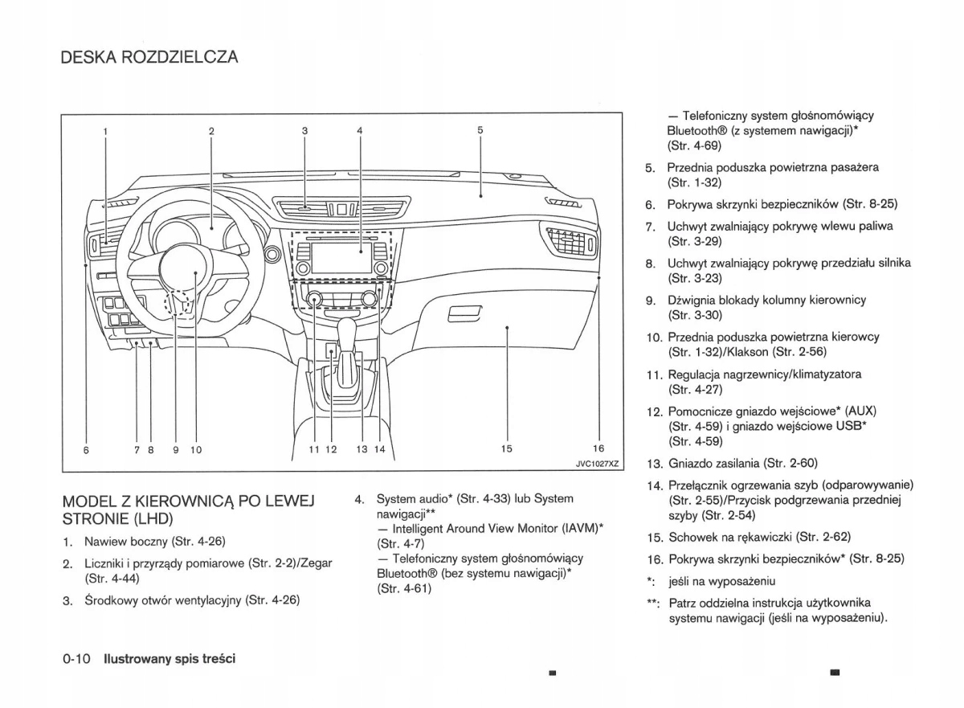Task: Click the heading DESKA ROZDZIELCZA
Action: pos(149,58)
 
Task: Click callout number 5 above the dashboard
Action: pos(480,130)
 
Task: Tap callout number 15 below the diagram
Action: pos(506,449)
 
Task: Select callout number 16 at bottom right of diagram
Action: pos(598,449)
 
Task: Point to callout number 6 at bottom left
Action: pos(86,450)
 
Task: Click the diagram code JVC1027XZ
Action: pos(598,464)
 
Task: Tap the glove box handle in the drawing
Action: pos(464,313)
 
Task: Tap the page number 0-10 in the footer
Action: pos(76,659)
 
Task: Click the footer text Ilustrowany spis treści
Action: pos(168,659)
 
